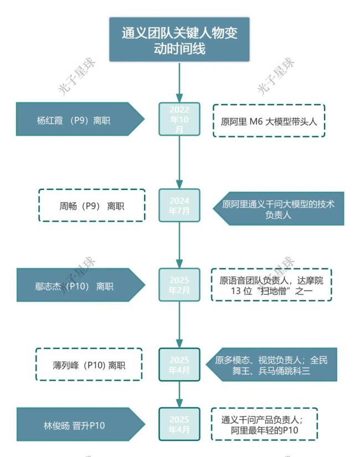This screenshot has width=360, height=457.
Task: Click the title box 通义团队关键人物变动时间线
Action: tap(179, 40)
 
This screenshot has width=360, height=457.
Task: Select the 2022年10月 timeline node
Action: tap(179, 119)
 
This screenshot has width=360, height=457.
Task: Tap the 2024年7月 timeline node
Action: tap(179, 206)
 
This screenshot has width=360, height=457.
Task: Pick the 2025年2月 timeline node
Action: tap(179, 285)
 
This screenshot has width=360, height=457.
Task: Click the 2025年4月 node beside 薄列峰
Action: tap(179, 364)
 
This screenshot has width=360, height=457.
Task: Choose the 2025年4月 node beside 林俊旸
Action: tap(179, 424)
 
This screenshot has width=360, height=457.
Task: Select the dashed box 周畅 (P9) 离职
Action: tap(92, 206)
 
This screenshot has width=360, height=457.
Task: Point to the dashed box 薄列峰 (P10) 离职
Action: tap(89, 364)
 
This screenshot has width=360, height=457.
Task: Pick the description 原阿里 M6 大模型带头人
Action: tap(269, 120)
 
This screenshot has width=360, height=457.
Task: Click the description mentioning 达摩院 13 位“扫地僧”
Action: tap(271, 285)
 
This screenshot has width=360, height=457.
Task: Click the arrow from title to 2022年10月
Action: tap(179, 81)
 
